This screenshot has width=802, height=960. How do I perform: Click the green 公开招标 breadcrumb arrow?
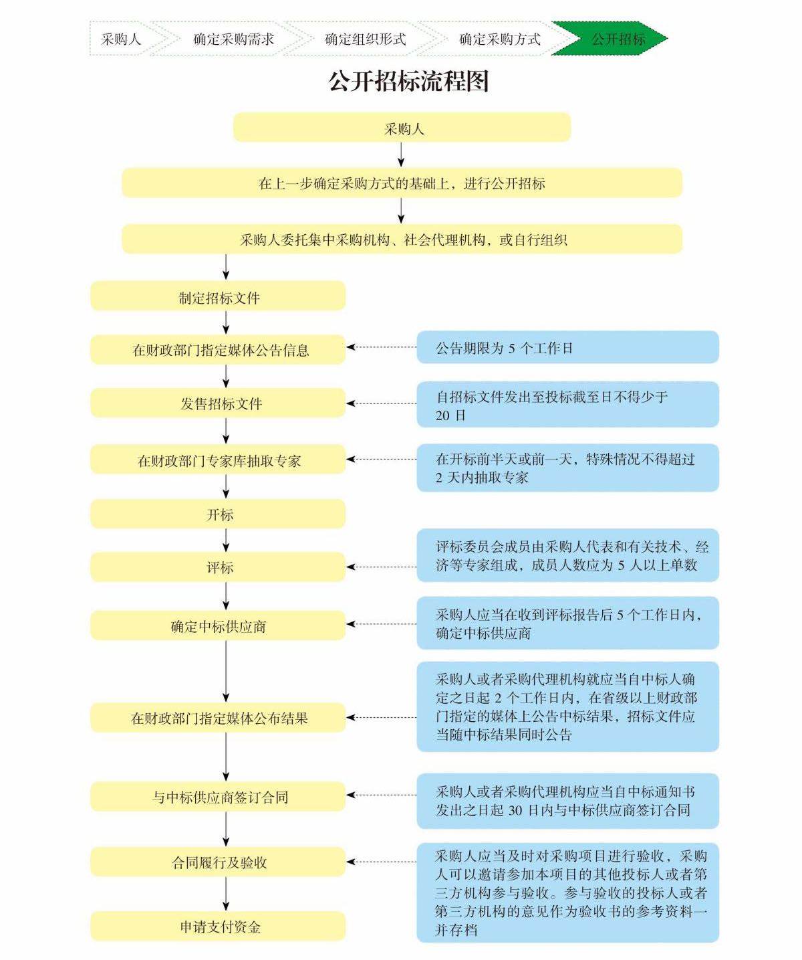pos(612,39)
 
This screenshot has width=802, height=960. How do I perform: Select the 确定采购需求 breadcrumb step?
pos(233,39)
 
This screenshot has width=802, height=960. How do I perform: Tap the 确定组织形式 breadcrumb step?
pos(365,39)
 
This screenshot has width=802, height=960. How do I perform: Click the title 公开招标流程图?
pos(408,82)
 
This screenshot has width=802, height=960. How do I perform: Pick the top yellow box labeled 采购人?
pos(402,128)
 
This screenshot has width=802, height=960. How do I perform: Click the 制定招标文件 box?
pos(218,296)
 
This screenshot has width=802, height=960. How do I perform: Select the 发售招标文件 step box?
pos(218,403)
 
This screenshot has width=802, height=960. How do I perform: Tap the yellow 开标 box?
pos(218,514)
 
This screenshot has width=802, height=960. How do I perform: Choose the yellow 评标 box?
pos(218,567)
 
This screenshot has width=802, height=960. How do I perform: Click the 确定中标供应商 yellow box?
pos(218,626)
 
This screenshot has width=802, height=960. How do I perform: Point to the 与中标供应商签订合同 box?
pos(218,796)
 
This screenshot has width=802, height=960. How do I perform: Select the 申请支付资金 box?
pos(218,926)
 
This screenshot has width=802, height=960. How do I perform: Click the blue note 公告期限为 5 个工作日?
pos(567,347)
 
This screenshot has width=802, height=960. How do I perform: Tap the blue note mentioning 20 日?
pos(567,405)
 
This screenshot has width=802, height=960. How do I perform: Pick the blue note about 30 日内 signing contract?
pos(567,801)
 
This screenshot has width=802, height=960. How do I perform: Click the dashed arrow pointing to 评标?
pos(382,567)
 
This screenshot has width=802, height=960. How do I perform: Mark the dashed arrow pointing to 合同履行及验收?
pos(382,862)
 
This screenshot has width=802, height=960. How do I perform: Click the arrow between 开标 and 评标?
pos(226,539)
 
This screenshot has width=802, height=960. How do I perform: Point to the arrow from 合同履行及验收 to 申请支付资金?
pos(226,894)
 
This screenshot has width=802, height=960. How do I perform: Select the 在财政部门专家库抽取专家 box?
pos(218,460)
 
